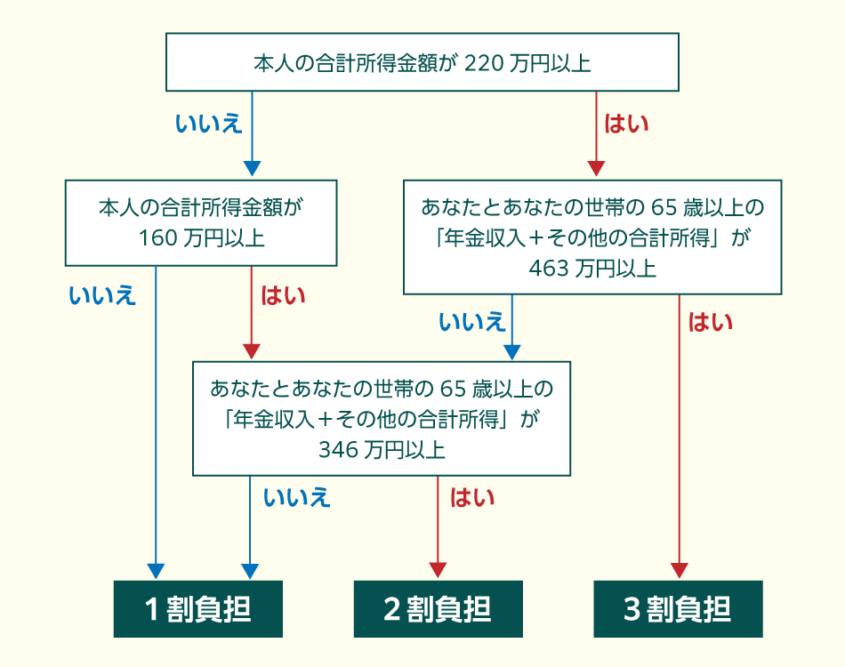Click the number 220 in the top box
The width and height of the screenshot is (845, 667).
click(484, 63)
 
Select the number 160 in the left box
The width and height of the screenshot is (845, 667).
click(158, 238)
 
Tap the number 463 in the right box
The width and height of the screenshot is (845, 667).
click(549, 269)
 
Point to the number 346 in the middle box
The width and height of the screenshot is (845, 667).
click(338, 450)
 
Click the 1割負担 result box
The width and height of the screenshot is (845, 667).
click(197, 609)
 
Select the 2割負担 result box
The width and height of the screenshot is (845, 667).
click(439, 609)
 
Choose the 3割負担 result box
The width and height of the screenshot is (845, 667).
click(678, 609)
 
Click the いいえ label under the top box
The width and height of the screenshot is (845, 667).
click(209, 124)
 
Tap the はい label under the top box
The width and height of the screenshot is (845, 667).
click(625, 124)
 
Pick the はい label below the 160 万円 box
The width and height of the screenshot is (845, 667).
click(283, 295)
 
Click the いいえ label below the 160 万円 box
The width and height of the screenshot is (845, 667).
click(102, 295)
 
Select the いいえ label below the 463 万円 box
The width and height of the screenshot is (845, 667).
click(472, 322)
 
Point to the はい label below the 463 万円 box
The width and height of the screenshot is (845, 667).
click(711, 322)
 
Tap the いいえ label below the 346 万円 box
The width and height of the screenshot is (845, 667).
click(297, 497)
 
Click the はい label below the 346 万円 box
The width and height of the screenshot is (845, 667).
click(472, 497)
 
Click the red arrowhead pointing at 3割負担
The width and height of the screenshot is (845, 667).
click(679, 571)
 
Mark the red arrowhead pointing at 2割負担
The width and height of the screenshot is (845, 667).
click(438, 571)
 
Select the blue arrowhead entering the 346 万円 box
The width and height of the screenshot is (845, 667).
click(512, 352)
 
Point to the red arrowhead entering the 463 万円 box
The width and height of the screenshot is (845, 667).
click(596, 169)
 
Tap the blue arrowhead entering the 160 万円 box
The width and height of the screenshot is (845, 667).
click(252, 169)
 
